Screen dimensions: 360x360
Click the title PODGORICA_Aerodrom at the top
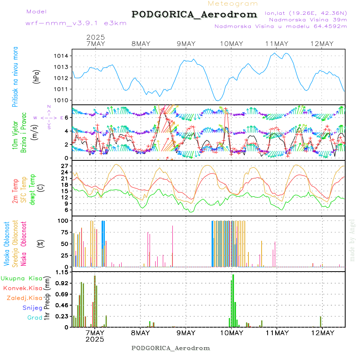(194, 14)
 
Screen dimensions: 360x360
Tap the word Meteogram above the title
(233, 4)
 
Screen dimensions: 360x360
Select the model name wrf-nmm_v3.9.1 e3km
(76, 23)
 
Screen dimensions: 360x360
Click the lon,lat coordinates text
(306, 13)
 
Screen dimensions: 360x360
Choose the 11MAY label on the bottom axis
(276, 333)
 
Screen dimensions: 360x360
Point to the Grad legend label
(35, 318)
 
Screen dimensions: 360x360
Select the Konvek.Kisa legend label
(23, 288)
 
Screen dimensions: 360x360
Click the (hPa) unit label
(37, 76)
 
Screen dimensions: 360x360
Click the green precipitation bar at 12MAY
(321, 322)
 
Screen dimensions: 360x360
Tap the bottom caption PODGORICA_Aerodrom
(170, 348)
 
